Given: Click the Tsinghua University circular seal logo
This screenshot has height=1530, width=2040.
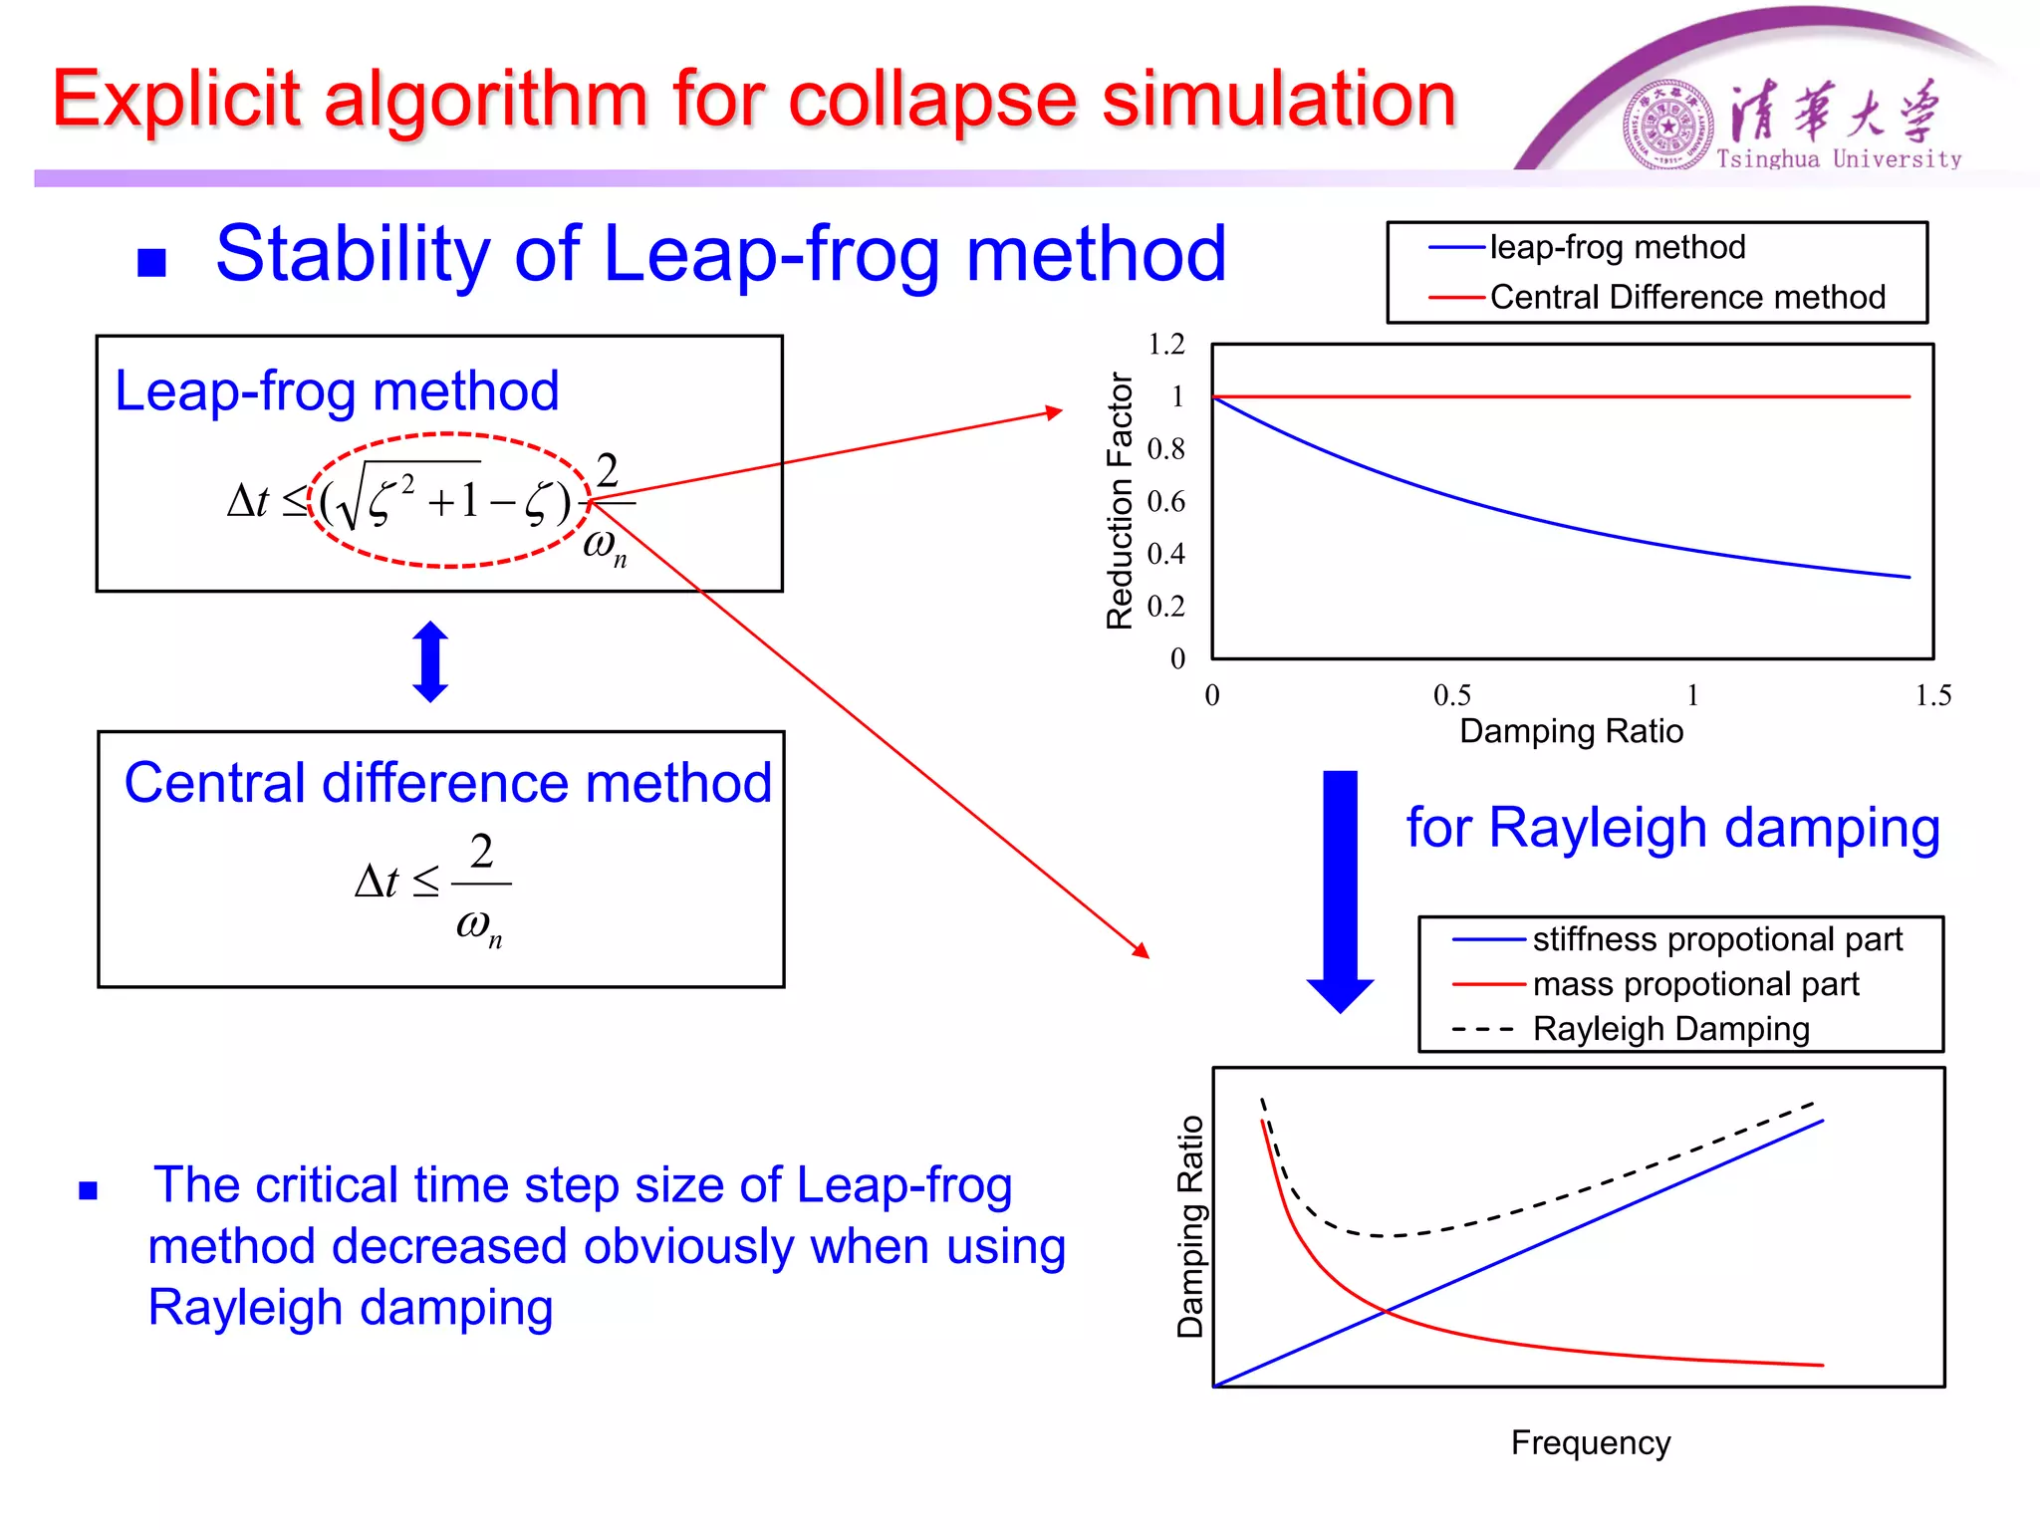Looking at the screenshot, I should click(x=1667, y=126).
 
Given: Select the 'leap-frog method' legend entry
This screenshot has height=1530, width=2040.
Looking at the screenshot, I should click(x=1616, y=247).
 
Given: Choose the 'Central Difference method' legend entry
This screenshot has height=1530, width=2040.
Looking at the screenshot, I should click(x=1686, y=297).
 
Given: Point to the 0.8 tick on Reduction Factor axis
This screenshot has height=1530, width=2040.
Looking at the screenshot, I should click(x=1166, y=449).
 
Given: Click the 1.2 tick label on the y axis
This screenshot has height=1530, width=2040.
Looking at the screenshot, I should click(x=1166, y=345).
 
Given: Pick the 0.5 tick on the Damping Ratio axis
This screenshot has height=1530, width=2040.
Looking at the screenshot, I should click(x=1451, y=695).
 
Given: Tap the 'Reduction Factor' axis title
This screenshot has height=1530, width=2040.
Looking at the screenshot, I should click(x=1121, y=501).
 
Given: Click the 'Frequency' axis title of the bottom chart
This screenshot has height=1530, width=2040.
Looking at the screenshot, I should click(x=1590, y=1442).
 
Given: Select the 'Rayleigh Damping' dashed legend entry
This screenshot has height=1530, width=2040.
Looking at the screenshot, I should click(x=1670, y=1029).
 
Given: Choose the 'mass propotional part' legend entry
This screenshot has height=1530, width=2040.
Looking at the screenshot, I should click(x=1694, y=984).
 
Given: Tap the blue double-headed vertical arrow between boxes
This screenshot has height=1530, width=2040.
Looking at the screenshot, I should click(x=430, y=661).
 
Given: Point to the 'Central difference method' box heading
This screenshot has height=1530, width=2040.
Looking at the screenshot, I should click(x=447, y=783).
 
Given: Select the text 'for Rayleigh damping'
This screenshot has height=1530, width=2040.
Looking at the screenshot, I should click(x=1672, y=828).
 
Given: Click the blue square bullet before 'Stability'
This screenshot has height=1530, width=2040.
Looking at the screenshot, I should click(x=151, y=263).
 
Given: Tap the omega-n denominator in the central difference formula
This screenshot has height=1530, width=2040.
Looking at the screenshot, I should click(x=479, y=926).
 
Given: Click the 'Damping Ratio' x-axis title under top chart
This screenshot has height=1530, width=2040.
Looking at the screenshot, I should click(x=1571, y=731).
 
